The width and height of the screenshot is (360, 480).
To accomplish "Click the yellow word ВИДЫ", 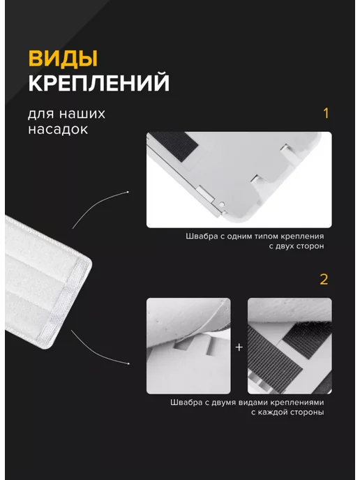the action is click(x=63, y=59).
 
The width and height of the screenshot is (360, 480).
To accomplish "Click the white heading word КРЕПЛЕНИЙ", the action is click(x=99, y=82).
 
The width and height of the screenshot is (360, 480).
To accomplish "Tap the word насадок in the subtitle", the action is click(x=58, y=129).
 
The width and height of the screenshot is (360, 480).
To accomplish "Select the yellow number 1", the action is click(x=326, y=113).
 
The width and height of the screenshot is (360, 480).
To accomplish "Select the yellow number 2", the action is click(x=324, y=280).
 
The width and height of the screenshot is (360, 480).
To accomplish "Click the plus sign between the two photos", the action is click(x=239, y=347).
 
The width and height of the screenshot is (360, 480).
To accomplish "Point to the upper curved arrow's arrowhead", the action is click(x=128, y=193).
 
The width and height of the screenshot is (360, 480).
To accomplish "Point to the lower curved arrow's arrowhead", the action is click(x=128, y=363).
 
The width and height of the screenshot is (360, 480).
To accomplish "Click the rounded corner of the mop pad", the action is click(x=87, y=263).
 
